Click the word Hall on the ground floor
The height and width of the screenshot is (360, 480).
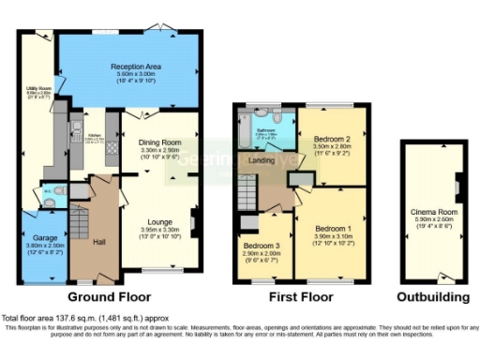click(98, 242)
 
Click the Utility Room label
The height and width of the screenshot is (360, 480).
click(37, 91)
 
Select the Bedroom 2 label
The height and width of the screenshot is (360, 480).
click(331, 138)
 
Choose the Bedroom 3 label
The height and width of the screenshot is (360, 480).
click(262, 248)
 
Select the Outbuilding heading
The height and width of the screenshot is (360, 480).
click(431, 296)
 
